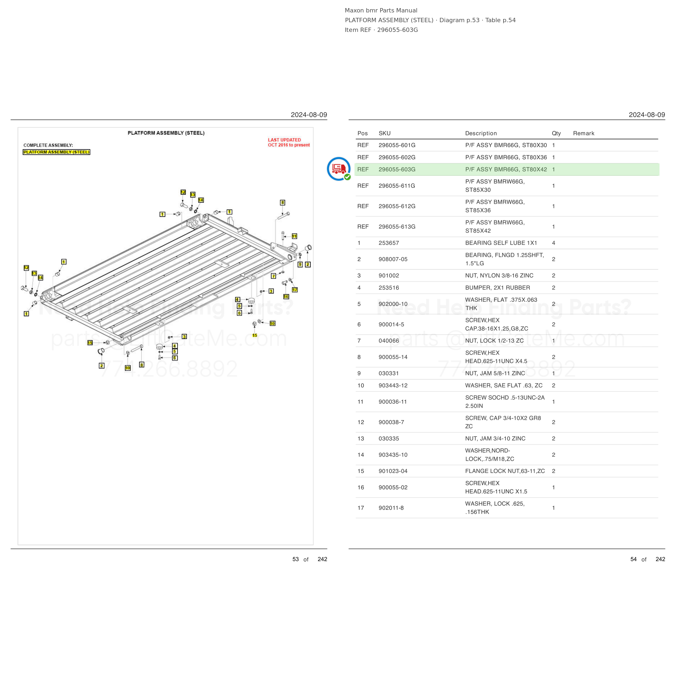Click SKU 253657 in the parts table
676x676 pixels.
[388, 243]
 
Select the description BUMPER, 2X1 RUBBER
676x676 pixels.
[497, 288]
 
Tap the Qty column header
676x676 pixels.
[556, 133]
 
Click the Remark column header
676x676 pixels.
[583, 133]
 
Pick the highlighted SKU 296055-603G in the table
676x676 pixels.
[397, 169]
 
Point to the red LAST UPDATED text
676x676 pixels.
[284, 140]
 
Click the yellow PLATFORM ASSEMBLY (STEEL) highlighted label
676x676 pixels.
[56, 152]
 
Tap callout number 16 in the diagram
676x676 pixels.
[286, 297]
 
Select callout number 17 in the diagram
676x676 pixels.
[295, 290]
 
